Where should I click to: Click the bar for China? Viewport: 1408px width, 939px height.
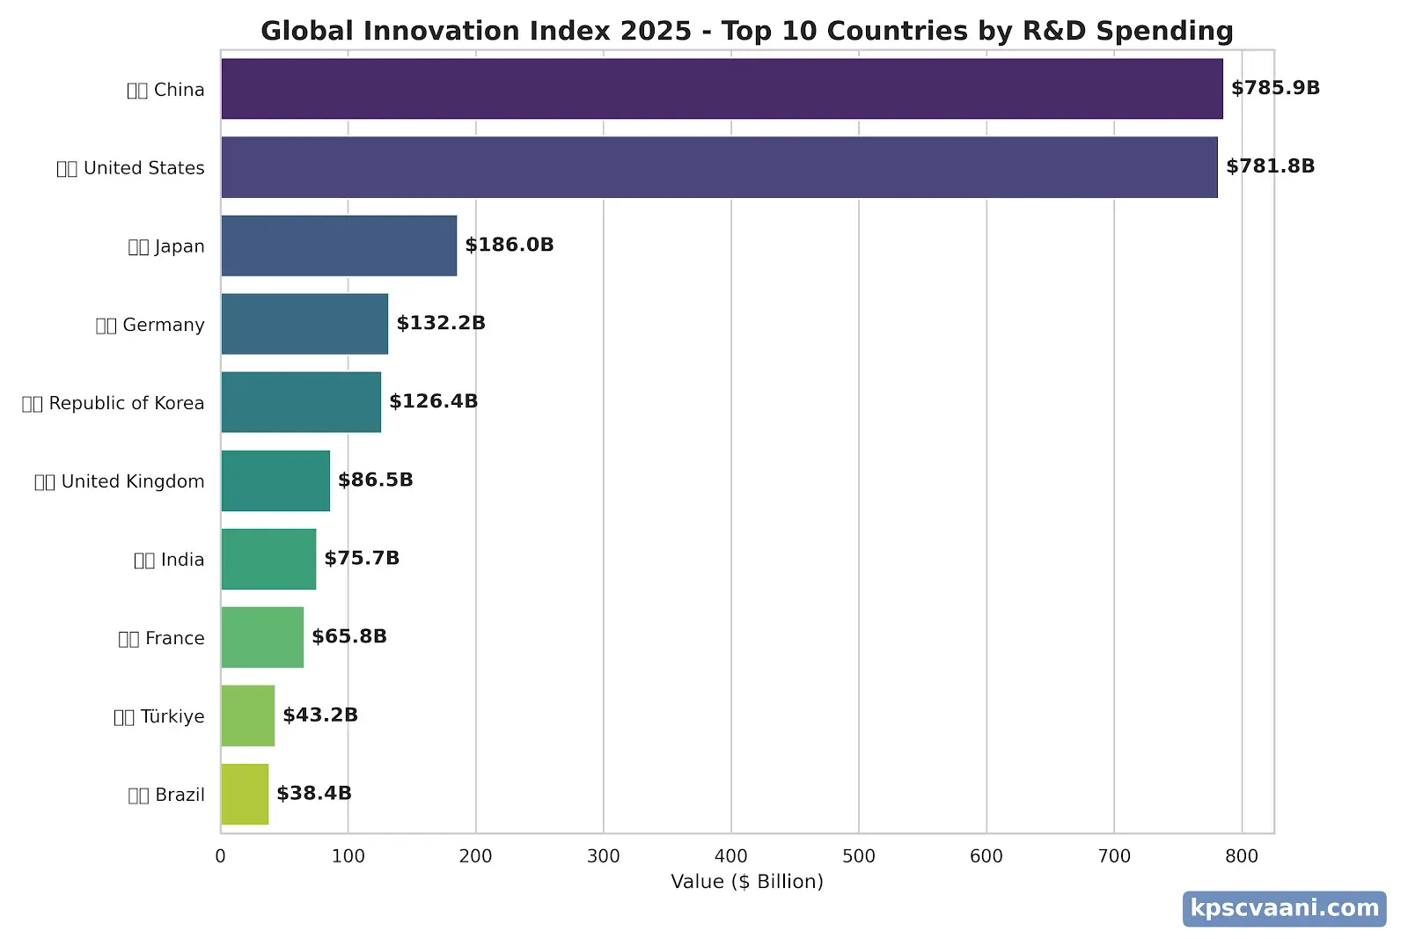[722, 89]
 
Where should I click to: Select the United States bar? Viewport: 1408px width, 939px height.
[719, 167]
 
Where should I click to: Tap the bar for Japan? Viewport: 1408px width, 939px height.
[339, 246]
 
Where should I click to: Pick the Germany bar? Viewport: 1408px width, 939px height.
[304, 324]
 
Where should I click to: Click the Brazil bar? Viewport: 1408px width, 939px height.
[245, 794]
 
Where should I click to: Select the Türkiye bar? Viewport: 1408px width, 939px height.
[247, 715]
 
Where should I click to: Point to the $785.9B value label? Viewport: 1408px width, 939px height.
[1275, 88]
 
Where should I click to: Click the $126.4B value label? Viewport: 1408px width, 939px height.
[433, 401]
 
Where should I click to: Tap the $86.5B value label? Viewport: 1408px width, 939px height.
[375, 480]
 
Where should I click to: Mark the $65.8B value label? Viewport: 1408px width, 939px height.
[348, 636]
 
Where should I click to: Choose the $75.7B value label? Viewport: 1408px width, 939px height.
[362, 558]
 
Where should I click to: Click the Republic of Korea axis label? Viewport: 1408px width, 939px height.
[114, 403]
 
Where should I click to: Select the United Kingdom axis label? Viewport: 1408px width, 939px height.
[120, 481]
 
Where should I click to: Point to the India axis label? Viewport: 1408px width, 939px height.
[169, 560]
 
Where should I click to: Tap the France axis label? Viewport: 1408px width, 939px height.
[161, 638]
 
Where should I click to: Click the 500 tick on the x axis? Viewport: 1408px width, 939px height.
[858, 856]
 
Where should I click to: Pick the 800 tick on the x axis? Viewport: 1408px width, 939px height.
[1241, 856]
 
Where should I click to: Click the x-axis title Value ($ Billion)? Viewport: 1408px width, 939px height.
[746, 882]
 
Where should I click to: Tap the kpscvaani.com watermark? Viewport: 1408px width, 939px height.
[1284, 908]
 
